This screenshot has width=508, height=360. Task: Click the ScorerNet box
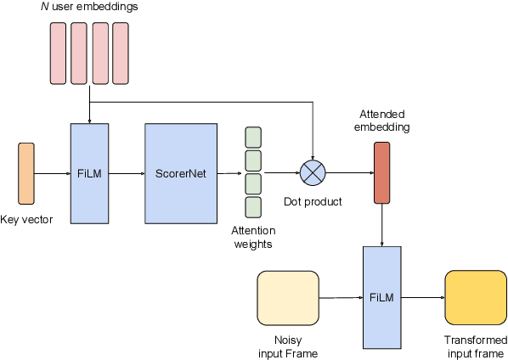point(180,173)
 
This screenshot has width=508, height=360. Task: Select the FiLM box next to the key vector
point(89,173)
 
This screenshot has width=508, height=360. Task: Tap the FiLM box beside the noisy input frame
point(382,298)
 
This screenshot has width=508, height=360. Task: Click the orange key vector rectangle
point(26,173)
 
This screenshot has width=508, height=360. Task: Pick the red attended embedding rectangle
point(381,173)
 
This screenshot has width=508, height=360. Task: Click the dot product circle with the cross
point(313,173)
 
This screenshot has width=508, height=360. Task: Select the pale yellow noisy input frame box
point(287,298)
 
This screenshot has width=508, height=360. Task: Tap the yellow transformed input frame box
point(475,298)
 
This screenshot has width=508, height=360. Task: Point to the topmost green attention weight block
point(253,137)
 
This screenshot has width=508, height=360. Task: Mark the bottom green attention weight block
point(253,206)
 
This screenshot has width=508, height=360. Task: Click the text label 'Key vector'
point(26,219)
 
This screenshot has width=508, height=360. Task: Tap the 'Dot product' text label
point(313,202)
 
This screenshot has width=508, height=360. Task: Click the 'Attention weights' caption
point(252,237)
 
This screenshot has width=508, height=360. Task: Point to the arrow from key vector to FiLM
point(53,173)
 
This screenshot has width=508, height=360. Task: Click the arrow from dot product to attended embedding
point(350,173)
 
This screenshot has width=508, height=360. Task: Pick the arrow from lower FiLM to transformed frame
point(423,298)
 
